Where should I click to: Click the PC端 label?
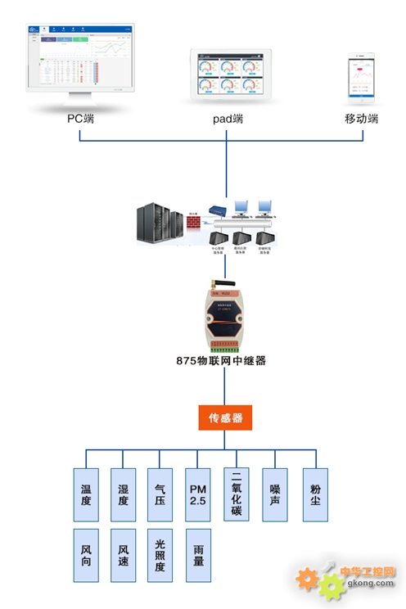[80, 119]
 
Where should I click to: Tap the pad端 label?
[227, 119]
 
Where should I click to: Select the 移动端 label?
[362, 119]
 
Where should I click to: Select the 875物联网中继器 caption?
[221, 360]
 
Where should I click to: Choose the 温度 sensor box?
[86, 495]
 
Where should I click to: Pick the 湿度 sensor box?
[123, 495]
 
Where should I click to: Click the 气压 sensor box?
[160, 495]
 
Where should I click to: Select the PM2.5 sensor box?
[198, 495]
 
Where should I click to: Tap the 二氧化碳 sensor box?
[237, 494]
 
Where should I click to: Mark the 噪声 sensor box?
[275, 495]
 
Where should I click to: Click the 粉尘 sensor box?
[315, 495]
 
